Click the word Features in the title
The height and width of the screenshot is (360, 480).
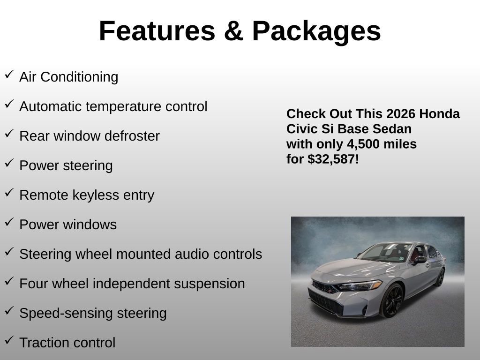157,31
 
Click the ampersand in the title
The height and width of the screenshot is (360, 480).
233,31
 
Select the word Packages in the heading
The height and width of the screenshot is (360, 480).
316,32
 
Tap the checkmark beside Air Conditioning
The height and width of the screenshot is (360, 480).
9,75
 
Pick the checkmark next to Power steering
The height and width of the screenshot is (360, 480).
9,163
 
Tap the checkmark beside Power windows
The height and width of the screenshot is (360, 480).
9,222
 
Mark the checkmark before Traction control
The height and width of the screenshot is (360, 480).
9,340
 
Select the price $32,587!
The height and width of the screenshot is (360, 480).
333,159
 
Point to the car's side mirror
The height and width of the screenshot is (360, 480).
420,260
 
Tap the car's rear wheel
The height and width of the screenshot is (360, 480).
440,277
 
